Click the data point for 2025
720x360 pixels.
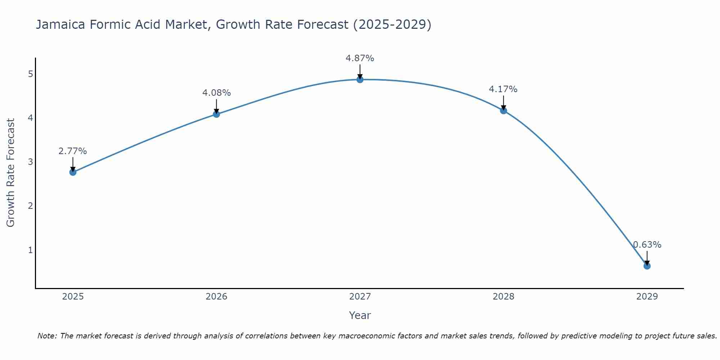73,172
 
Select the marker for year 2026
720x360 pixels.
216,114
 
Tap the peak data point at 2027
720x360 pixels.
360,80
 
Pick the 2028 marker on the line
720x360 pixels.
503,111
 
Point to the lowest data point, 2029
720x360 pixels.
647,266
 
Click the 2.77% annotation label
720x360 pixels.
73,151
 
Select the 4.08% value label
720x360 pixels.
216,93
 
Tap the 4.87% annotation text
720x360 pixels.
360,58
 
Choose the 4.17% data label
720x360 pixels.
503,89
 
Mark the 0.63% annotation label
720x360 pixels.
647,245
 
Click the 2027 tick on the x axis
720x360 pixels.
360,297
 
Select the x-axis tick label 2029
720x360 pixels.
647,297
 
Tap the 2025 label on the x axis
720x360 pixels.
73,297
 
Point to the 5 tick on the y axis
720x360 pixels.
31,74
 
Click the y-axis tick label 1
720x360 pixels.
31,250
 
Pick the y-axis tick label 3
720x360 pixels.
31,162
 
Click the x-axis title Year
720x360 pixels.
360,315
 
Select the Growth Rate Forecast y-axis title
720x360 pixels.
11,173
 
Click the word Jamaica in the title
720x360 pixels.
60,24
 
